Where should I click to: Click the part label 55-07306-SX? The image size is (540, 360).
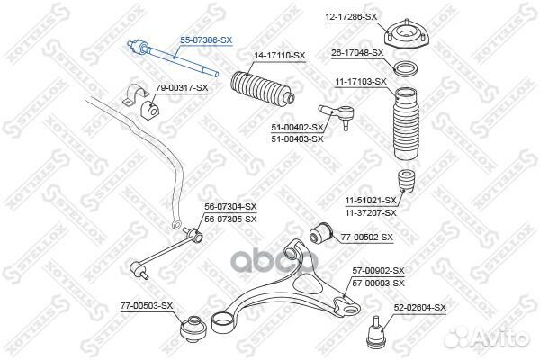pos(206,40)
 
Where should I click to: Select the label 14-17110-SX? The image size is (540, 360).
pos(280,56)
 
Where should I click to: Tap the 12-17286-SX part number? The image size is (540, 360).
pos(351,16)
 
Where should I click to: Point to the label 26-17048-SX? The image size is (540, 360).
pos(357,53)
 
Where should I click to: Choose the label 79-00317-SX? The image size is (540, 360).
pos(182,88)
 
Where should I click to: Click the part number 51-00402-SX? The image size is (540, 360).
pos(297,128)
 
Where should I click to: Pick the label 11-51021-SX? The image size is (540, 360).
pos(371,200)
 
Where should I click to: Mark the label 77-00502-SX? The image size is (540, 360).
pos(367,238)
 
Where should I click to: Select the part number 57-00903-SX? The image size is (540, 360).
pos(378,283)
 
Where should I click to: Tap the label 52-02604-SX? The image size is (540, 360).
pos(419,307)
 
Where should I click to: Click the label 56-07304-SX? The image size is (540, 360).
pos(230,207)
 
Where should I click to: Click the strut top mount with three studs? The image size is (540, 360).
pos(406,35)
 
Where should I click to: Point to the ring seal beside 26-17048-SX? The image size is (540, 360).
pos(407,69)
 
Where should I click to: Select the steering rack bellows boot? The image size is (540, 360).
pos(263,89)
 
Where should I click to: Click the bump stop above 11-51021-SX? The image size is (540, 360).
pos(406,181)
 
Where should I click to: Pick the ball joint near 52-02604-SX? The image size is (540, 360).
pos(375,331)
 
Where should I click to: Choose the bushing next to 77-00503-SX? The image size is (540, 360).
pos(193,328)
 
